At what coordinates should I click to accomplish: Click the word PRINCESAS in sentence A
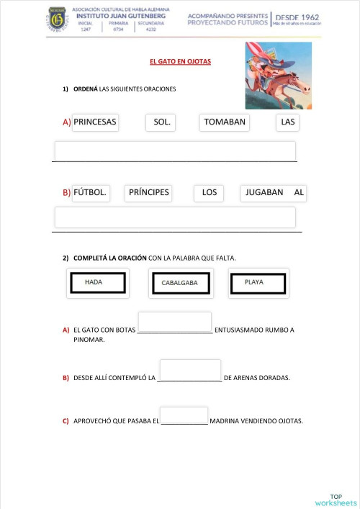point(95,122)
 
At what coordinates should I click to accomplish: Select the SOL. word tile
point(162,122)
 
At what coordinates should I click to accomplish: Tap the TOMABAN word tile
point(225,122)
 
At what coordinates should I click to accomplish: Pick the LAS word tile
point(288,122)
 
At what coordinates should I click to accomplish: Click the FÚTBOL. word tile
point(90,193)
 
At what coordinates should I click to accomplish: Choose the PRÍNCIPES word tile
point(148,193)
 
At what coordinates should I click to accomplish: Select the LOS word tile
point(209,193)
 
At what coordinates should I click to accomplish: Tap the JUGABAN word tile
point(264,193)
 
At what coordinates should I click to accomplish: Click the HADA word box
point(97,283)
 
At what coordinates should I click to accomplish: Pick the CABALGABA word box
point(180,284)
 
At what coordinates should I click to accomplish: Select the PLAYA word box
point(258,283)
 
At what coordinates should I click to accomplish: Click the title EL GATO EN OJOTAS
point(180,62)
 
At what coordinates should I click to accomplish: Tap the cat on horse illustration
point(278,75)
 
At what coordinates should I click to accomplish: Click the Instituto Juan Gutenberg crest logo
point(57,20)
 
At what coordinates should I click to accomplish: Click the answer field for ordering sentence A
point(175,151)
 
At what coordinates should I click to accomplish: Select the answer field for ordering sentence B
point(175,217)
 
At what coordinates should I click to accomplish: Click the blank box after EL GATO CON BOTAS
point(174,322)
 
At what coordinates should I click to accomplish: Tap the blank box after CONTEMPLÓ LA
point(190,369)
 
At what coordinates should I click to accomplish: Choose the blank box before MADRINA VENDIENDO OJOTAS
point(184,415)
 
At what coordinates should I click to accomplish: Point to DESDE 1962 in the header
point(298,17)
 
